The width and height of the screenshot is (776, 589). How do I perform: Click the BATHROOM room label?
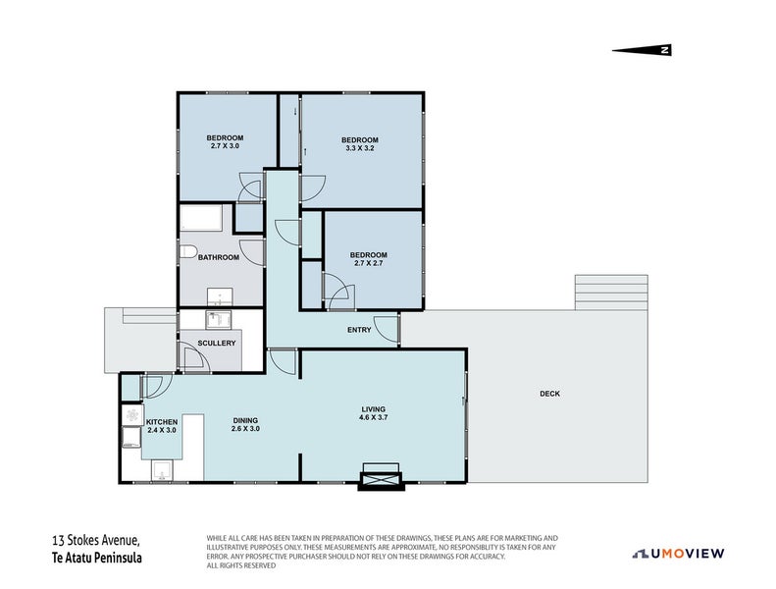[219, 257]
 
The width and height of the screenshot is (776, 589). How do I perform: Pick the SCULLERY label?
[216, 343]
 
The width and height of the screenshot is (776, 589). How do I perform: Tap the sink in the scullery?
[217, 318]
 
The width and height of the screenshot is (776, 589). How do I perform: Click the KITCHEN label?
[162, 421]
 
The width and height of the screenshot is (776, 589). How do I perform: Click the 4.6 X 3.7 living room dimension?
[373, 417]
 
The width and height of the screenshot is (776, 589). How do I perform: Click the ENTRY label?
[359, 330]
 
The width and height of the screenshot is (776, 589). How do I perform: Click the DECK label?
[549, 394]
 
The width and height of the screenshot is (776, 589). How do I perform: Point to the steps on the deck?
[597, 291]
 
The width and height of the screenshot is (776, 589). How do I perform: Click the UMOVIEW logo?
[678, 553]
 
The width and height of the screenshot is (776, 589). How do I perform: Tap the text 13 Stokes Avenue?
[97, 540]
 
